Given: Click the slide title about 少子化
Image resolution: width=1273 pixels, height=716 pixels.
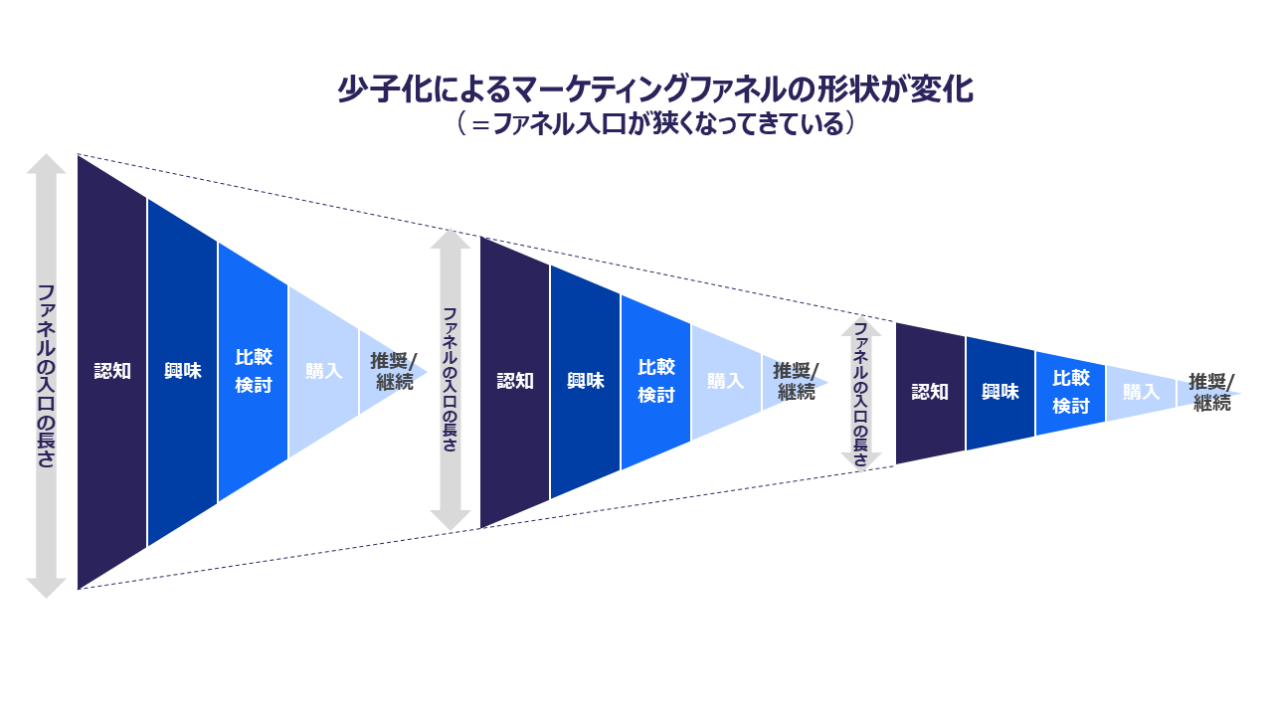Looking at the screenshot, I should point(653,90).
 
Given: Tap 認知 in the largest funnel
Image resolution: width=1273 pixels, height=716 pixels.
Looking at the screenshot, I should point(112,371).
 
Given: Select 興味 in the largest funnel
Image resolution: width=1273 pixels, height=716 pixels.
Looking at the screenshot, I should point(183,371).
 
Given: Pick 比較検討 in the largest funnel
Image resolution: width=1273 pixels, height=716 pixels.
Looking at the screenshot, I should point(254,371).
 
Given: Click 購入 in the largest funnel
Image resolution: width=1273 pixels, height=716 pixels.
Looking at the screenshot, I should point(323,371).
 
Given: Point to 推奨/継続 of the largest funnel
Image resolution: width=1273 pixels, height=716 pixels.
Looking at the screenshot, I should point(394,371).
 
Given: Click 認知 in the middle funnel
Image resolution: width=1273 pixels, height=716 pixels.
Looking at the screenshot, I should point(515,381).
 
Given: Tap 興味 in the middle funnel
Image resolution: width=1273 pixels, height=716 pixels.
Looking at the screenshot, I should point(586,381).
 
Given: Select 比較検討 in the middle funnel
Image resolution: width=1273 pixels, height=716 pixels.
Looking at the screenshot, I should point(656,382).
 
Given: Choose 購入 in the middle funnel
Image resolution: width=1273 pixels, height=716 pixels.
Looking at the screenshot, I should point(725,382).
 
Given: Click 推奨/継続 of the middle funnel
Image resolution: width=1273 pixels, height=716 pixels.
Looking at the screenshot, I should point(796,382).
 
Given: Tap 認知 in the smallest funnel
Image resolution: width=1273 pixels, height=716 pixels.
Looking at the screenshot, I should point(931,392).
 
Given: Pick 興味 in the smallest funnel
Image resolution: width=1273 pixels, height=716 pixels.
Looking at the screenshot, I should point(1000,392).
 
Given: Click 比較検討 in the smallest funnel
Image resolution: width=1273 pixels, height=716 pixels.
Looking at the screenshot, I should point(1071,393).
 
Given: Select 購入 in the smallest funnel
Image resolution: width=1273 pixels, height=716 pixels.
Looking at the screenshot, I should point(1141,392).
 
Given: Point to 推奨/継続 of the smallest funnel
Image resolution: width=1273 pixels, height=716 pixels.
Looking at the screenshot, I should point(1211,393).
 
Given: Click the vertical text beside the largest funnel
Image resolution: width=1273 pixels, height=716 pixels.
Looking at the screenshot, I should point(46,376).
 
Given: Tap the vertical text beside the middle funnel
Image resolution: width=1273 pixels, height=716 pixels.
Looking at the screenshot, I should point(450,380).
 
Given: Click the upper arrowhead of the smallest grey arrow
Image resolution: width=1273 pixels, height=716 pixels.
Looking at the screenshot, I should point(861,329).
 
